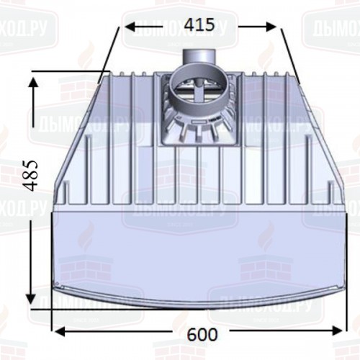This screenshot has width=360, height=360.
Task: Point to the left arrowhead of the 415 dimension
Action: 130,25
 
